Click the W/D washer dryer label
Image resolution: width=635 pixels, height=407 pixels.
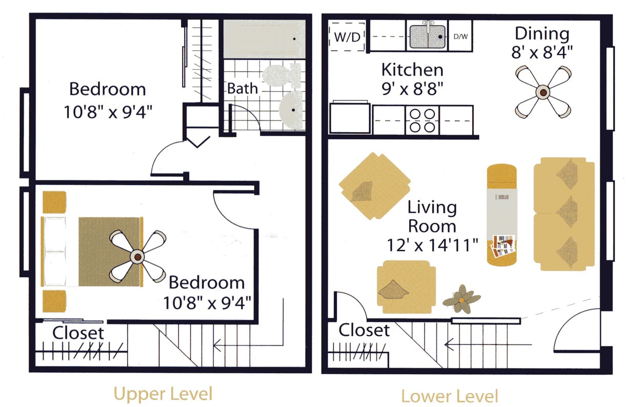coord(347,37)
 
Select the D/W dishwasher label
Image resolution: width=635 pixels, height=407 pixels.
coord(460,37)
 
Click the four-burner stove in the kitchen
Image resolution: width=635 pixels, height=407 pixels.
coord(422,120)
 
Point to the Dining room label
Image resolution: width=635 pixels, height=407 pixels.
coord(542,34)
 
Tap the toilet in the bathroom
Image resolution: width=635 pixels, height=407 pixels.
coord(281,75)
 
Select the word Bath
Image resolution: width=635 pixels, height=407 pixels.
coord(243,88)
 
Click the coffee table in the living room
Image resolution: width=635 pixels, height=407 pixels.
coord(501,214)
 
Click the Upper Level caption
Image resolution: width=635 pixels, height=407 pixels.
coord(163,394)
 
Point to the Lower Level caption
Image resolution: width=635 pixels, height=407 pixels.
coord(449,396)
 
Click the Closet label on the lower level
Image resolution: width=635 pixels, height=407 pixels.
coord(364,330)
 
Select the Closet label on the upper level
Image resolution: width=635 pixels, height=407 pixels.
coord(78,333)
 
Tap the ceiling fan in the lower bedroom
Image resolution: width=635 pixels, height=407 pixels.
coord(138,256)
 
